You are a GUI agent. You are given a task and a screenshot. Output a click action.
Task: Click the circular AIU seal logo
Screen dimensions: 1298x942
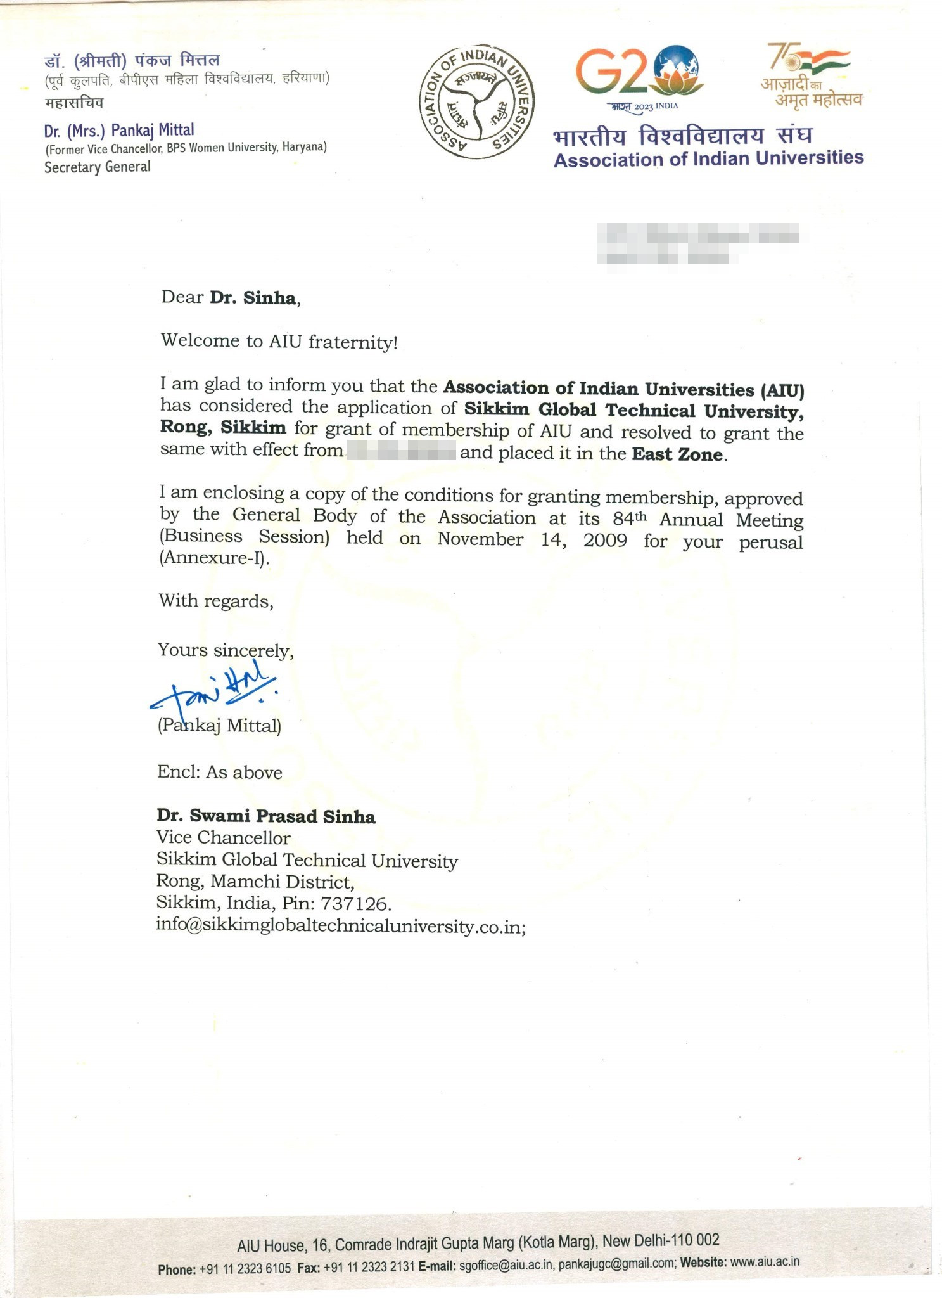[477, 102]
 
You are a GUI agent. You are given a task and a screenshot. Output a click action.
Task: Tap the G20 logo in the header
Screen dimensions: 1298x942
[639, 76]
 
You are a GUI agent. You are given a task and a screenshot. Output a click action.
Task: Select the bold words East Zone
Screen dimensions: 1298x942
[677, 454]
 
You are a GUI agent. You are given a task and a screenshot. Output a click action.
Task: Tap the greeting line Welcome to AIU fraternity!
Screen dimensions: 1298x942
[279, 342]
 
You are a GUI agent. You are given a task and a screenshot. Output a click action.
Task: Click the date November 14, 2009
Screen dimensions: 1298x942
[532, 540]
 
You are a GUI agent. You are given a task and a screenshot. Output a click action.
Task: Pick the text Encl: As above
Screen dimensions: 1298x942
[220, 772]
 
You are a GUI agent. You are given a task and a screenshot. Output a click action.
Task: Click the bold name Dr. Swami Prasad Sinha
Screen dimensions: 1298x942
[266, 816]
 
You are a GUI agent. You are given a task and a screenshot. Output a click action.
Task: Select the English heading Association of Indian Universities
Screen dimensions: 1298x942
[708, 158]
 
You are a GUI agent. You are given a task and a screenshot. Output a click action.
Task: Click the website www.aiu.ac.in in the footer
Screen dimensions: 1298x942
[765, 1261]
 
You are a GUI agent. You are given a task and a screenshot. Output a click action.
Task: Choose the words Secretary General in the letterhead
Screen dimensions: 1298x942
[98, 167]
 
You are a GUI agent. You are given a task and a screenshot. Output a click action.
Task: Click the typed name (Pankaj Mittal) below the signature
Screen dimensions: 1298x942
[219, 726]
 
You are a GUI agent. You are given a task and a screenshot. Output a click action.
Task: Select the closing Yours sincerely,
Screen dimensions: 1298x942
[226, 650]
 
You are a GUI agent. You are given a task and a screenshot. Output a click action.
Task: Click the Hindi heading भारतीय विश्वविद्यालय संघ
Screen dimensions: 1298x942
[682, 136]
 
